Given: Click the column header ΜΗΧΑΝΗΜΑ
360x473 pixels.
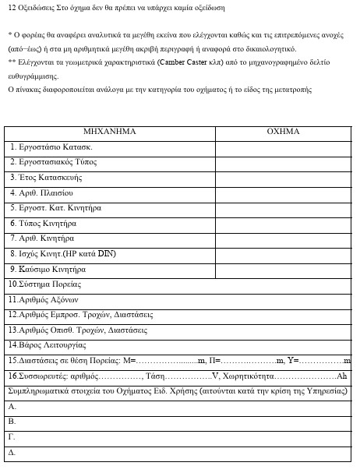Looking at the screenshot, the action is pos(109,132).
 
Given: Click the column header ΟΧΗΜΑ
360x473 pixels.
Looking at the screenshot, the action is pos(284,132).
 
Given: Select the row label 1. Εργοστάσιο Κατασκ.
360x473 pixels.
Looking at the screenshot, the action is pos(52,146).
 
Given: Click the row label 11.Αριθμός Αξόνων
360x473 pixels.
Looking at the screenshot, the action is pos(44,300).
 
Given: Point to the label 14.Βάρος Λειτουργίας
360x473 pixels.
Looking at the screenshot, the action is pos(47,344).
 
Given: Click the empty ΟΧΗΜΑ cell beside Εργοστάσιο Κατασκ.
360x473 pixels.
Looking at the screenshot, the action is pos(284,146).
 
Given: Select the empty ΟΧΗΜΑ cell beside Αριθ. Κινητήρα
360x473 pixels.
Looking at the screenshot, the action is pos(284,238).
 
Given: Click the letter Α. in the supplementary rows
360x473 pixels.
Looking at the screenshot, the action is pos(12,406).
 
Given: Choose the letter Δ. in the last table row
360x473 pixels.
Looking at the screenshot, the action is pos(12,452).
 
